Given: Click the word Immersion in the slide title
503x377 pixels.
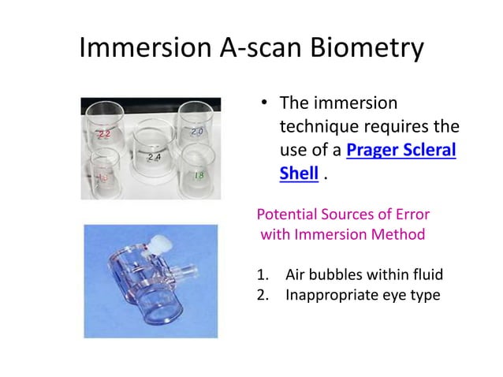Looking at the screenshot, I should [142, 49].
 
